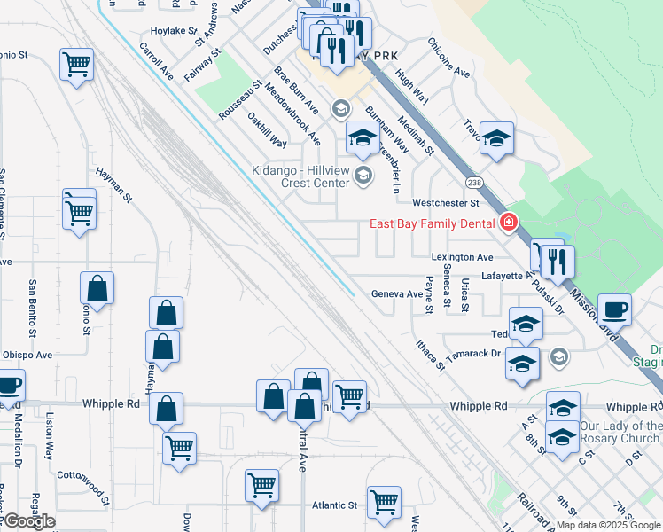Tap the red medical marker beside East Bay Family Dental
click(x=509, y=223)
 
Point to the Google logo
click(x=28, y=521)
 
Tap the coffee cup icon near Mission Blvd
click(x=615, y=310)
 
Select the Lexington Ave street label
click(x=462, y=257)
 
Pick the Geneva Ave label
click(x=397, y=293)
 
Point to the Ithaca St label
click(x=429, y=355)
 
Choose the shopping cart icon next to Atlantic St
click(x=384, y=502)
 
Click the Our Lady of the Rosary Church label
click(x=620, y=432)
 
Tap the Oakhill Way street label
click(x=267, y=129)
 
